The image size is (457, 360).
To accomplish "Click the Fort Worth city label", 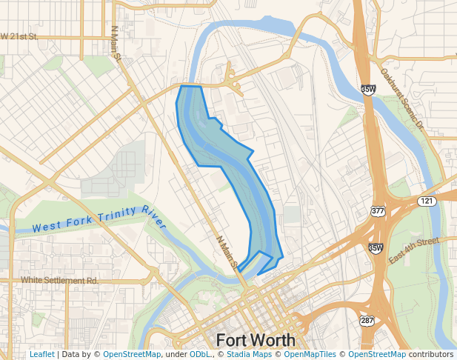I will coord(256,340).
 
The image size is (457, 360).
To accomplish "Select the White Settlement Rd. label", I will coord(59,281).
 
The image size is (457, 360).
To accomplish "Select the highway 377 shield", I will coord(378,212).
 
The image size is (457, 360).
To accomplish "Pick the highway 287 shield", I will coord(367,321).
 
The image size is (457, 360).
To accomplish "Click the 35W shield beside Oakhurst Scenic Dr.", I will coord(368,90).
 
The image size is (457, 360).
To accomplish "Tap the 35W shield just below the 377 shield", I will coord(376,248).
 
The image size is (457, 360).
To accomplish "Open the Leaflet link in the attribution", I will coord(42,355).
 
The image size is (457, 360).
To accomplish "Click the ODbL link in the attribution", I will coord(199,355).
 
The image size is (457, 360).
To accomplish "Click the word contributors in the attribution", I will coord(431,355).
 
